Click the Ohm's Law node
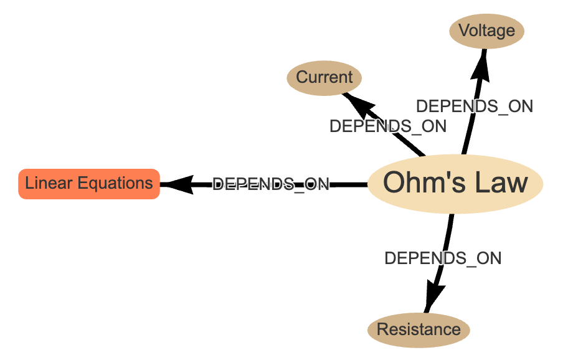pos(455,183)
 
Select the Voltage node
pos(486,31)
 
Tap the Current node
pos(324,77)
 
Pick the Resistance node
pos(419,329)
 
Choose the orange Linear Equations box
pos(89,184)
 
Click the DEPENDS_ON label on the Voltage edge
pos(474,107)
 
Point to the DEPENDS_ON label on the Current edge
pos(387,126)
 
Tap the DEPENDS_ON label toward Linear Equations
pos(270,184)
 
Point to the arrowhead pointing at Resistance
pos(434,293)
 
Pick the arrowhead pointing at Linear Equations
pos(177,184)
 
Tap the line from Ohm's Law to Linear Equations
pos(349,184)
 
